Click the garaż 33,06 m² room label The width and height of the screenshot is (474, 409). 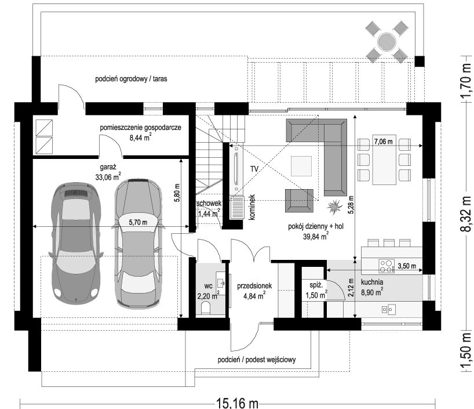[108, 172]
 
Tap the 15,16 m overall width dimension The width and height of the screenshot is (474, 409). [237, 404]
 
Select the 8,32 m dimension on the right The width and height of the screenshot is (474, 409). [466, 213]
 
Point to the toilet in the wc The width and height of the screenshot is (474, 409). [206, 307]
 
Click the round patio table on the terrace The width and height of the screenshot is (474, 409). [387, 41]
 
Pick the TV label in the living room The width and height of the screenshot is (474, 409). [254, 169]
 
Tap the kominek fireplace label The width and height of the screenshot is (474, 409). [252, 207]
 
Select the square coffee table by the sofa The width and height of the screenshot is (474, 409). [301, 166]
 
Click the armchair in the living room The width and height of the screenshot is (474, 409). [299, 200]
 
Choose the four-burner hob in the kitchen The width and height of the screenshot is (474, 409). [387, 266]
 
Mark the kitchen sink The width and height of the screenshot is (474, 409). [388, 309]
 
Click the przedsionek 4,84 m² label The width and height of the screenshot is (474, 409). [254, 291]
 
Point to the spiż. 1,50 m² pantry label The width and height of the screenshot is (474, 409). [316, 290]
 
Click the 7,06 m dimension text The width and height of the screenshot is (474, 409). [383, 141]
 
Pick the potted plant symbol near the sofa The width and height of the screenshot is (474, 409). [334, 207]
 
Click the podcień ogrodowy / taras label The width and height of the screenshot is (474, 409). [131, 79]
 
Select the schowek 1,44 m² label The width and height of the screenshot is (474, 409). [209, 209]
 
